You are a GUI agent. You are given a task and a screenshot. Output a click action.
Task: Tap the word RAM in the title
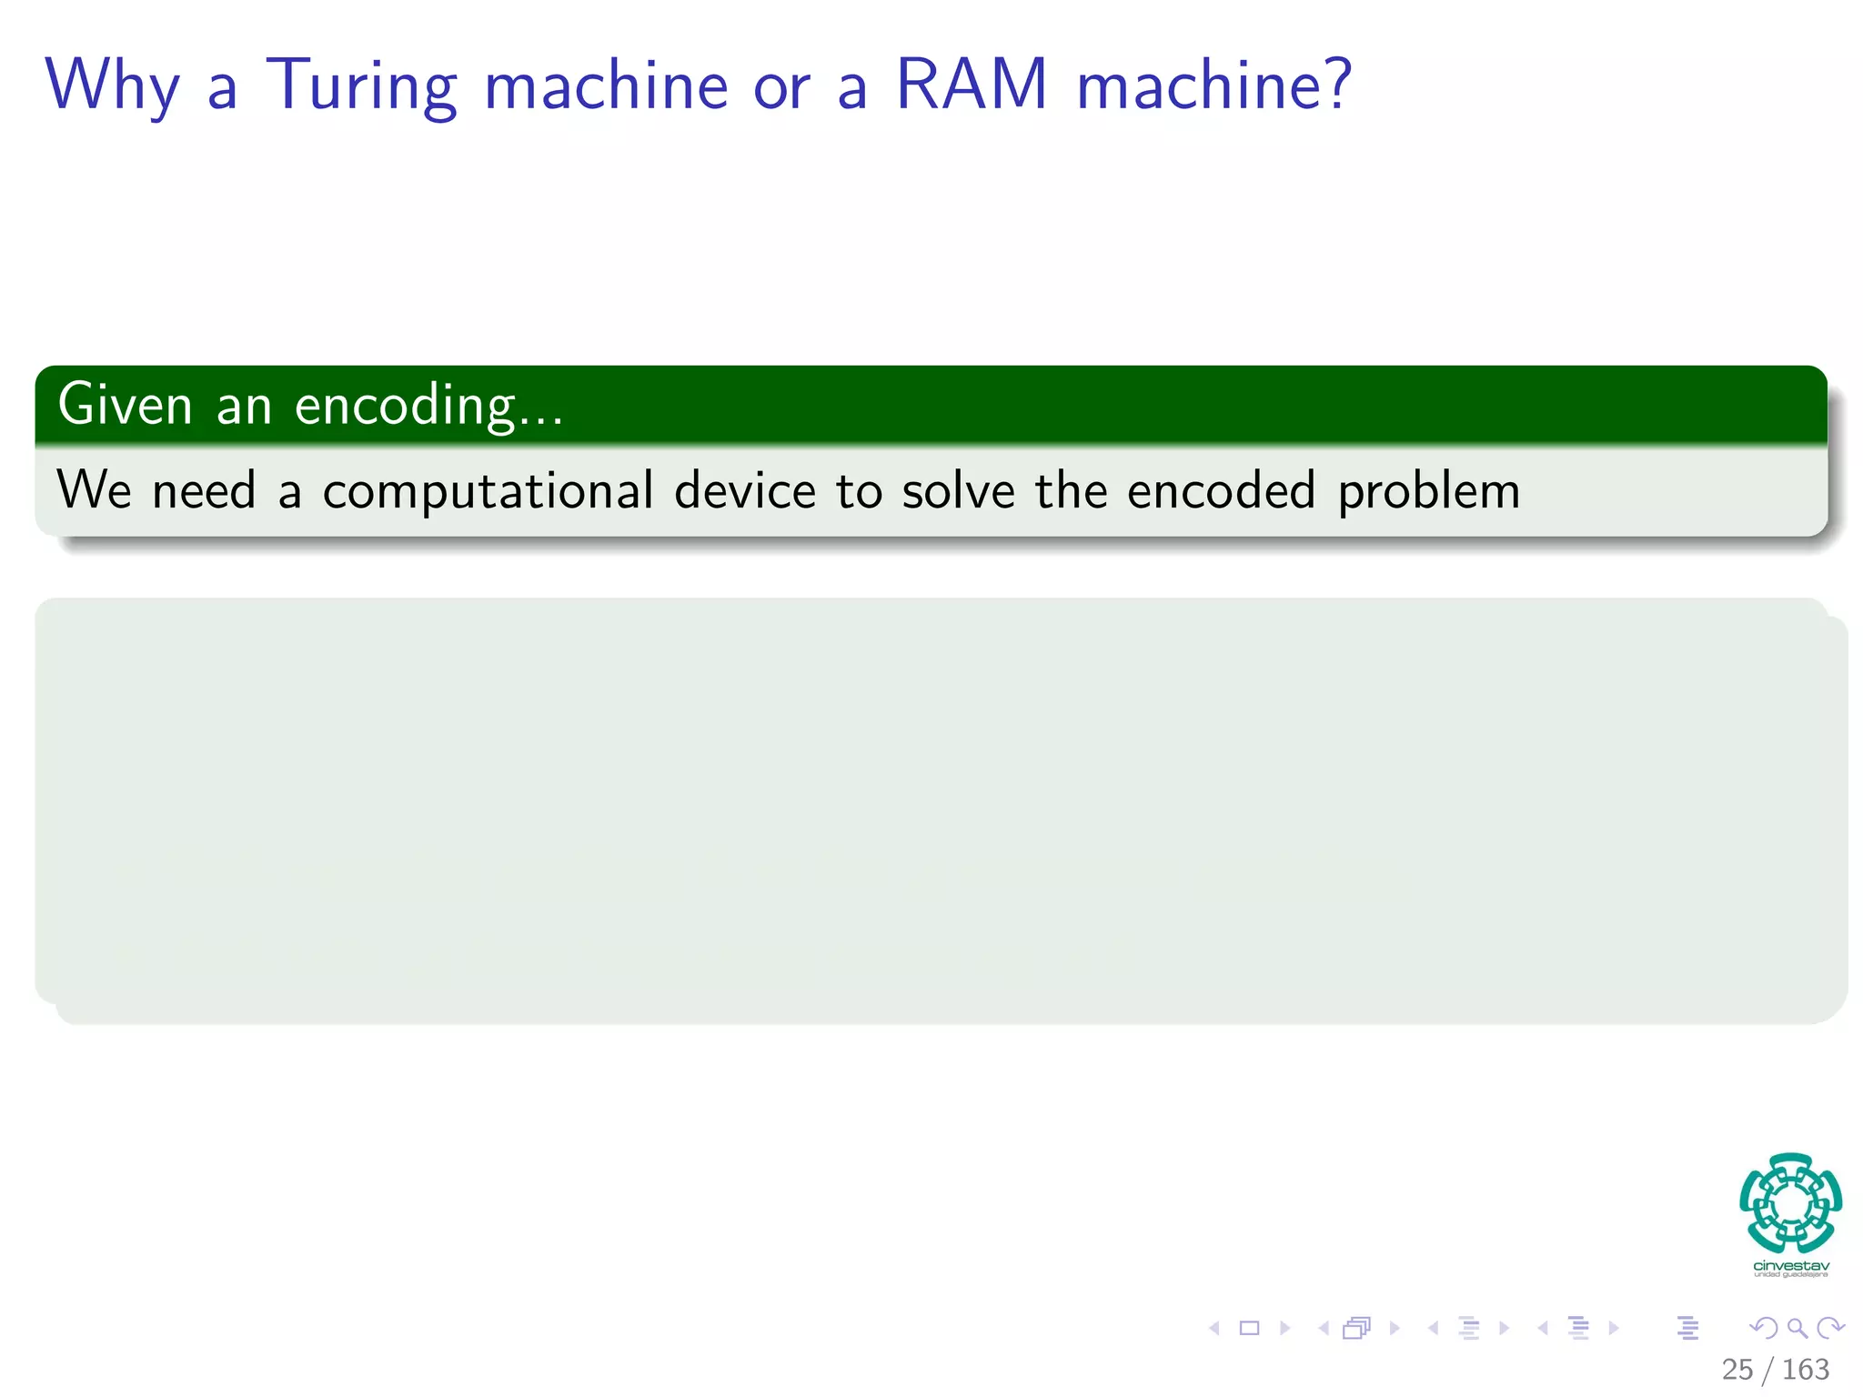point(972,85)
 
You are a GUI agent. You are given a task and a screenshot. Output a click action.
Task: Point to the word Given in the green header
point(125,405)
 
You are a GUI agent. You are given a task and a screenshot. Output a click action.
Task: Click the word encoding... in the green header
point(428,407)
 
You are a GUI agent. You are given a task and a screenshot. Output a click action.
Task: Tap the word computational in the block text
point(488,492)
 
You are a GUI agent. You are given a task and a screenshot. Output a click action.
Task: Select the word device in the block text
point(745,491)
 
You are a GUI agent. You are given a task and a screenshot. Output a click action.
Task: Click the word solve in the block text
point(958,491)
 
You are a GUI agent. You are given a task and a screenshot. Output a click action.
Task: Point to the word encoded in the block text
point(1221,491)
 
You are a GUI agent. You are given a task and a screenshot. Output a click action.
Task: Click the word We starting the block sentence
point(94,491)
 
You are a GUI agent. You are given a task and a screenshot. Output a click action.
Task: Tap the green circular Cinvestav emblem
point(1790,1203)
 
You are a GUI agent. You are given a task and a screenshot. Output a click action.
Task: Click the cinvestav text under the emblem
point(1790,1266)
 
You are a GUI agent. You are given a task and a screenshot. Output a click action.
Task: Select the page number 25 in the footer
point(1737,1369)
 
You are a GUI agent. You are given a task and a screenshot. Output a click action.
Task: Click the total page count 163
point(1805,1369)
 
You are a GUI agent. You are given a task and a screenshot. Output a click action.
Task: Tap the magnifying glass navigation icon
point(1797,1328)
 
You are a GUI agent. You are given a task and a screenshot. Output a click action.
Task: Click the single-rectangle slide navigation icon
point(1249,1328)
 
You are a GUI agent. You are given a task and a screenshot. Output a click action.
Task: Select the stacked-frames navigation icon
point(1355,1328)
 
